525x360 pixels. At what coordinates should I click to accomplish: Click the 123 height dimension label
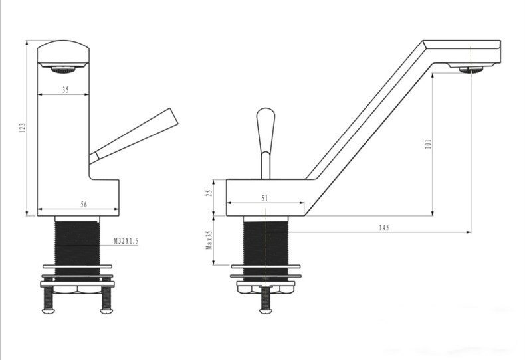pos(22,127)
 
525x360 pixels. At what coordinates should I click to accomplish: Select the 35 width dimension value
pos(64,90)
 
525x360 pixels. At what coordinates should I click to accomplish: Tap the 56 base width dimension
pos(84,205)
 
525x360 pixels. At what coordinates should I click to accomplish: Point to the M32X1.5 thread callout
pos(126,242)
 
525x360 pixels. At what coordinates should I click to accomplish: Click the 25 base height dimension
pos(208,194)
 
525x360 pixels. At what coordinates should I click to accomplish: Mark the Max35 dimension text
pos(208,240)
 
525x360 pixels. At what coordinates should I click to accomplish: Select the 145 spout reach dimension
pos(383,227)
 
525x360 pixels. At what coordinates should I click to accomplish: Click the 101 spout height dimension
pos(428,143)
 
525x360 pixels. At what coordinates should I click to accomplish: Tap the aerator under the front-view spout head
pos(63,68)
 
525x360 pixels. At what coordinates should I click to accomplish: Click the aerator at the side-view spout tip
pos(472,68)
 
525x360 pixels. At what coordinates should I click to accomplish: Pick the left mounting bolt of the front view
pos(49,300)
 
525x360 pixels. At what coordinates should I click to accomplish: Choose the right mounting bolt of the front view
pos(106,300)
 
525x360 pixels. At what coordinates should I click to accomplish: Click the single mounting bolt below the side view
pos(265,300)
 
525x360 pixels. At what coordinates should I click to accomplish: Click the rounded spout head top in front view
pos(63,50)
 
